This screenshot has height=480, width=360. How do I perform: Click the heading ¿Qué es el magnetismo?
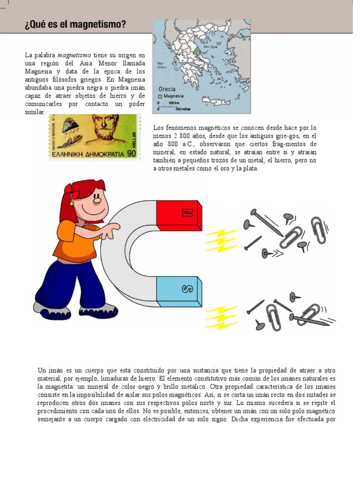(75, 24)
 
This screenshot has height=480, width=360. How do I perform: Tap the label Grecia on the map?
(167, 89)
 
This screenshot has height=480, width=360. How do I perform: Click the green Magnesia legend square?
(160, 96)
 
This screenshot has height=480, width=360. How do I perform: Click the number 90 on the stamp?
(132, 154)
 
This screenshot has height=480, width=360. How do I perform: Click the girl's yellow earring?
(72, 203)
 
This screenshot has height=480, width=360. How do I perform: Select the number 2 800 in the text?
(182, 135)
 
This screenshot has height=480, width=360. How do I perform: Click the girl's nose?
(97, 200)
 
